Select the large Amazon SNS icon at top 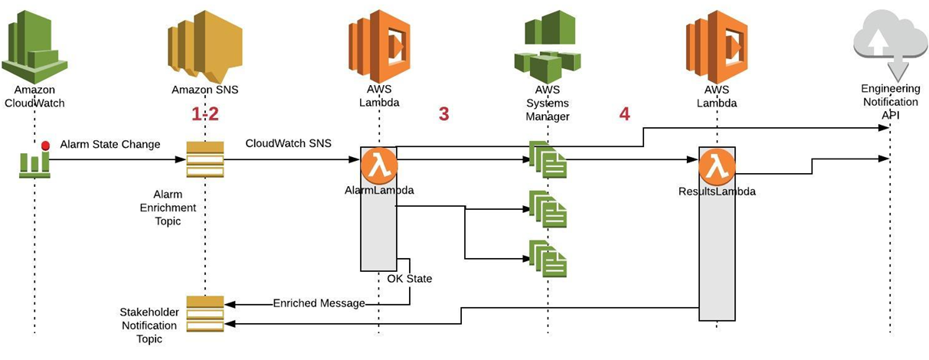click(204, 42)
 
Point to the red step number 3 click(443, 114)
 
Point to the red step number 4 click(624, 114)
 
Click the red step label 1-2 click(204, 114)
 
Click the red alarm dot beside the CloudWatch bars click(45, 145)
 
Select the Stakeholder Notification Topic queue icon click(204, 313)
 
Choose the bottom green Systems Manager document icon click(548, 259)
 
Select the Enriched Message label click(319, 303)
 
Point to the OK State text click(409, 279)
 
